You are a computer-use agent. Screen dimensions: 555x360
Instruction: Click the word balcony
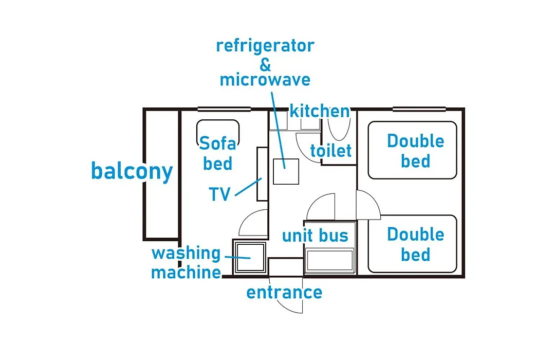(132, 171)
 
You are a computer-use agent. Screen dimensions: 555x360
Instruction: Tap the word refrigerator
(265, 46)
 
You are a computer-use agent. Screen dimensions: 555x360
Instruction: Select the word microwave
(265, 79)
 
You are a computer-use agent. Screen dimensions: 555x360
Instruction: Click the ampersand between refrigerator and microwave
(265, 64)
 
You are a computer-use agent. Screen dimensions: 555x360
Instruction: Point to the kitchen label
(320, 111)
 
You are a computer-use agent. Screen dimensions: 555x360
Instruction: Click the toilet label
(331, 151)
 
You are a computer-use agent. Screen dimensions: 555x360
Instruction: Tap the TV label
(219, 194)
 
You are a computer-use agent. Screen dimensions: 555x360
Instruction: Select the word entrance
(284, 293)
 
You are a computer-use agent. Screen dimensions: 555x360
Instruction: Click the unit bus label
(315, 236)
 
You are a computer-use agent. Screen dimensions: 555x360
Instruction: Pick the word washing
(186, 254)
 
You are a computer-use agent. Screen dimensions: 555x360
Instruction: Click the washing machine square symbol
(250, 257)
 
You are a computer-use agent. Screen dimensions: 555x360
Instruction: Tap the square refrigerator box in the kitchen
(286, 171)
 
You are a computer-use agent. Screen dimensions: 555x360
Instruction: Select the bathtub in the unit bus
(330, 261)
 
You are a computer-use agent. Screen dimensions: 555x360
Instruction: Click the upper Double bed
(412, 150)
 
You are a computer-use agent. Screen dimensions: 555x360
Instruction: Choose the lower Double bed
(412, 244)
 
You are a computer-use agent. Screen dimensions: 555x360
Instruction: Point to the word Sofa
(217, 143)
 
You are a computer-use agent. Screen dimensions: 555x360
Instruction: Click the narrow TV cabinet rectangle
(262, 174)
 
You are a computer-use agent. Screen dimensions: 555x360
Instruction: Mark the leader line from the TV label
(248, 187)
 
